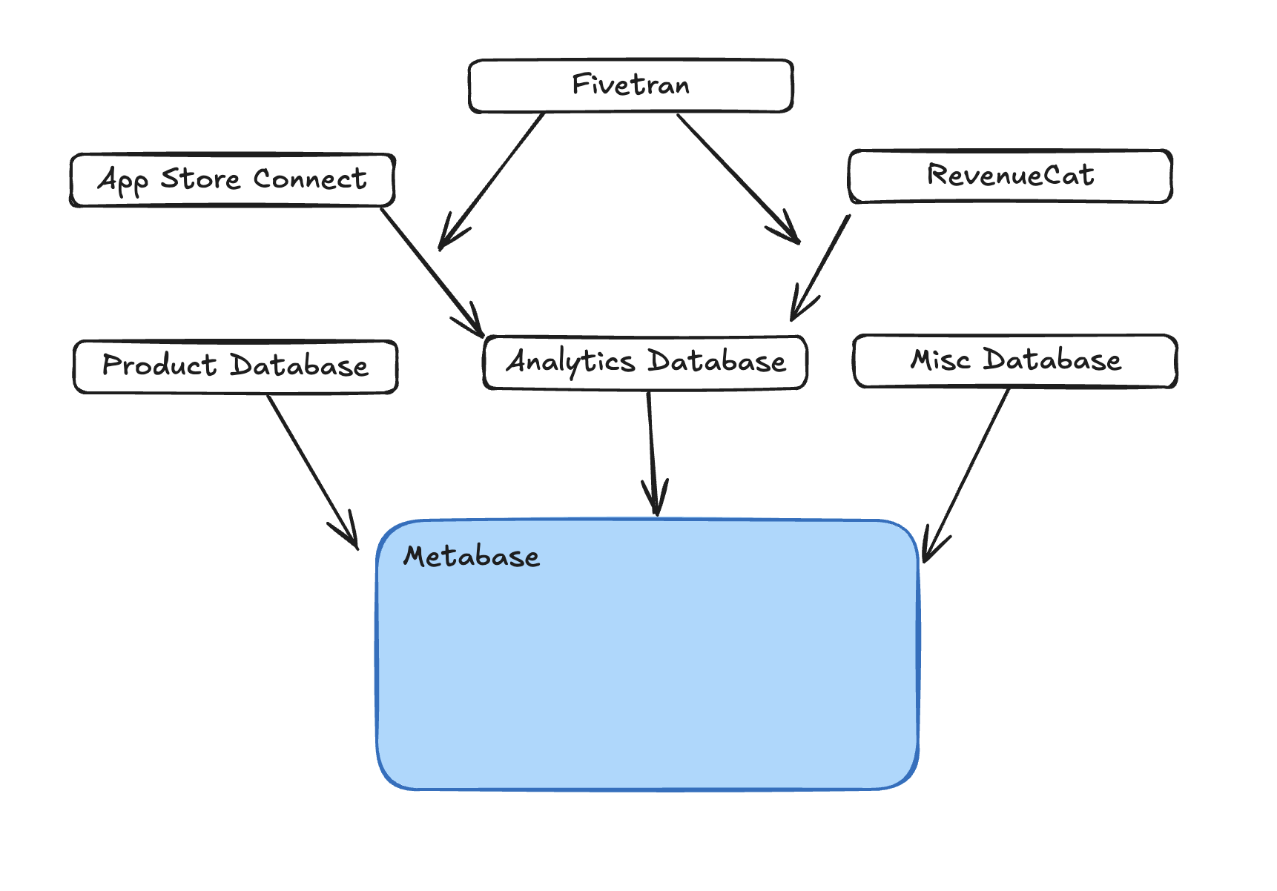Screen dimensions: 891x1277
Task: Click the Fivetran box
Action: [630, 86]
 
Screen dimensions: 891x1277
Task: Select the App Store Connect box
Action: [232, 180]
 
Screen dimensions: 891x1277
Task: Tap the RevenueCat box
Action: [1010, 176]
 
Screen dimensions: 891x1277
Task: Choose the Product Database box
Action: [235, 366]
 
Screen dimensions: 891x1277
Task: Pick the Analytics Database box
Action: [645, 362]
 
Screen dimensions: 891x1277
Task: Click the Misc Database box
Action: [1014, 361]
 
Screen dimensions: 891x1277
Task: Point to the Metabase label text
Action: [472, 557]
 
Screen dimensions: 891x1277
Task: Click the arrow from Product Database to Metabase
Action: [311, 470]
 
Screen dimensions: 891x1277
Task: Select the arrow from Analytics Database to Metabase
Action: [652, 452]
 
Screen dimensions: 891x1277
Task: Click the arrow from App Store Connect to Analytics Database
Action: [431, 271]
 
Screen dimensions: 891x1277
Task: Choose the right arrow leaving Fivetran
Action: [737, 177]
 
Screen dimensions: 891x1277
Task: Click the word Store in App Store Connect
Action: [200, 179]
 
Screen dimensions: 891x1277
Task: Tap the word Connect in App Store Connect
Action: [310, 179]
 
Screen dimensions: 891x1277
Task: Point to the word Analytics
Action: [570, 362]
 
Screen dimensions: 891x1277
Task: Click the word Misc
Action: [940, 360]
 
